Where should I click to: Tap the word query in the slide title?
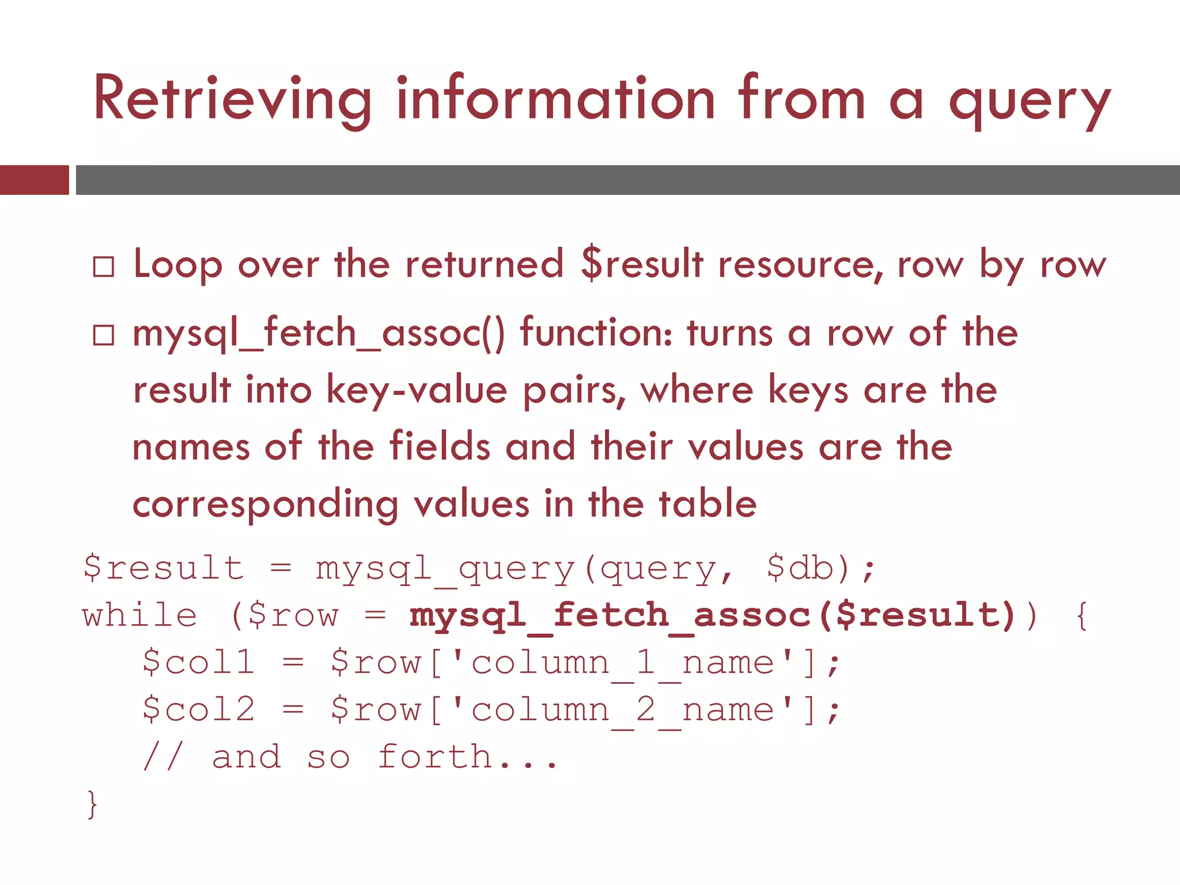point(1029,103)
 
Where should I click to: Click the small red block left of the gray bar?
point(34,180)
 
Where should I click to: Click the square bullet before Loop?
point(104,267)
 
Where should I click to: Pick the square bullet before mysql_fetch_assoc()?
point(104,335)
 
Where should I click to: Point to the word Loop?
point(177,265)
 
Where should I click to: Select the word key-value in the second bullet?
point(417,390)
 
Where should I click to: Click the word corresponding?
point(265,504)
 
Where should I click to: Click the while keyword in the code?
point(139,615)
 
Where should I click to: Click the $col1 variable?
point(198,662)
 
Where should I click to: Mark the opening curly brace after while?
point(1081,615)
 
